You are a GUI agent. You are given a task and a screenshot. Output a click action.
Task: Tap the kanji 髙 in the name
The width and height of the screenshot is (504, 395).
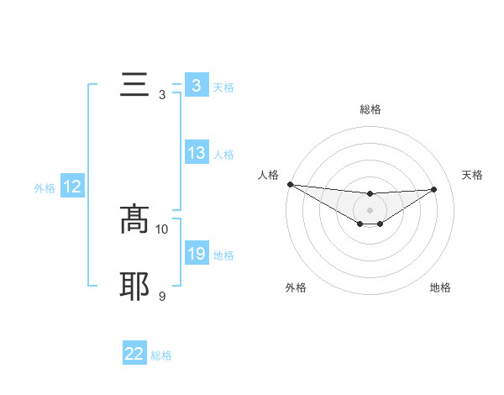[135, 219]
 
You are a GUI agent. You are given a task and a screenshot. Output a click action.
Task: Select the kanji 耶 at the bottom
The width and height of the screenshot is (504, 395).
[135, 287]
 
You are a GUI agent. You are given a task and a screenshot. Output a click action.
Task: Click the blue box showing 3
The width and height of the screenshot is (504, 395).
[196, 85]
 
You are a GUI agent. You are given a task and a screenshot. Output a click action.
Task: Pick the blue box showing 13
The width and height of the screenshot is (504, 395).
[196, 153]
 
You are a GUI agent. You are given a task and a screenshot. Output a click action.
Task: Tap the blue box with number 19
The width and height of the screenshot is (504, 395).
[196, 254]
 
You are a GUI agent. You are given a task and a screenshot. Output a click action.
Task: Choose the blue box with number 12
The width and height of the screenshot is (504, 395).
[72, 187]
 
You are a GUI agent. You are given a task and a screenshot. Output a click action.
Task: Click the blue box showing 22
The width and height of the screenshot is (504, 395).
[134, 354]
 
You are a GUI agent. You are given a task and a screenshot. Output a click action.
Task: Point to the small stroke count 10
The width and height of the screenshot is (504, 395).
[162, 229]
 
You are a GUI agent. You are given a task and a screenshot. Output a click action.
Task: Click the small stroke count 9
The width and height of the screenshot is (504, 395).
[162, 297]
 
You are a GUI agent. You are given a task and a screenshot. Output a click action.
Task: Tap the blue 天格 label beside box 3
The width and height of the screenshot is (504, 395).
[223, 87]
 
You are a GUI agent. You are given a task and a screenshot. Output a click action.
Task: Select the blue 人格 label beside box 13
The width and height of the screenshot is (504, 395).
[223, 155]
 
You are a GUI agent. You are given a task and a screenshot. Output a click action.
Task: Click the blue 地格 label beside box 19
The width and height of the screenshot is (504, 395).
[223, 255]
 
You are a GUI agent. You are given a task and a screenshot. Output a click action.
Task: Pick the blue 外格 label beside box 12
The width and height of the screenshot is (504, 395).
[45, 188]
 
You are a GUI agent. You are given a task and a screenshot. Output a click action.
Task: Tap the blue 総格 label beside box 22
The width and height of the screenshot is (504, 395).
[161, 355]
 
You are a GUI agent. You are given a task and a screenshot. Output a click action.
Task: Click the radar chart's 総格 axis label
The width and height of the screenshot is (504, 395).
[370, 109]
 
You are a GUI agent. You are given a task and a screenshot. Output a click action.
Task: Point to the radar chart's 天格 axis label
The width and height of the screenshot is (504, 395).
[473, 175]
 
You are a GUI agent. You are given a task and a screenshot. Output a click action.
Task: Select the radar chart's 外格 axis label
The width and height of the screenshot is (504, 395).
[296, 287]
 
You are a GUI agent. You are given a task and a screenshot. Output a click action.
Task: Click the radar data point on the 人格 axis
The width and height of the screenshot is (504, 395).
[290, 184]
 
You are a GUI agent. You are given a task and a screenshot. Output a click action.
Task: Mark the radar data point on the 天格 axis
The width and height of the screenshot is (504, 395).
[434, 189]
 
